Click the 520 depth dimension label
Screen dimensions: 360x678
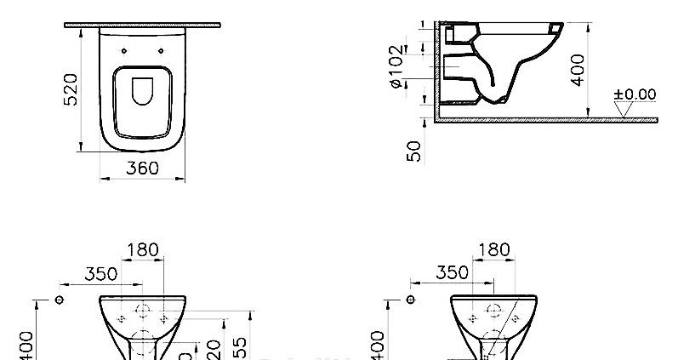point(71,89)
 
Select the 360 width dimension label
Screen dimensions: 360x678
point(142,169)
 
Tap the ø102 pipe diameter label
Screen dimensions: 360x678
point(396,66)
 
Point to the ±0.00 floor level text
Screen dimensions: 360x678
point(635,94)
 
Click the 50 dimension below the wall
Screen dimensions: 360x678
point(415,151)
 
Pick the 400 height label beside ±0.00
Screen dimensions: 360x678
point(578,69)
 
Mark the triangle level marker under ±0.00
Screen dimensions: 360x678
point(625,109)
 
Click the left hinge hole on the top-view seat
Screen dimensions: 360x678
point(124,51)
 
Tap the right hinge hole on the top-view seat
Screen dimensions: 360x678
point(160,51)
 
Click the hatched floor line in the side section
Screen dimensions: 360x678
point(544,120)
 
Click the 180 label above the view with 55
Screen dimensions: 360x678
point(142,250)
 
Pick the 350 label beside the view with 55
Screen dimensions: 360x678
point(101,274)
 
